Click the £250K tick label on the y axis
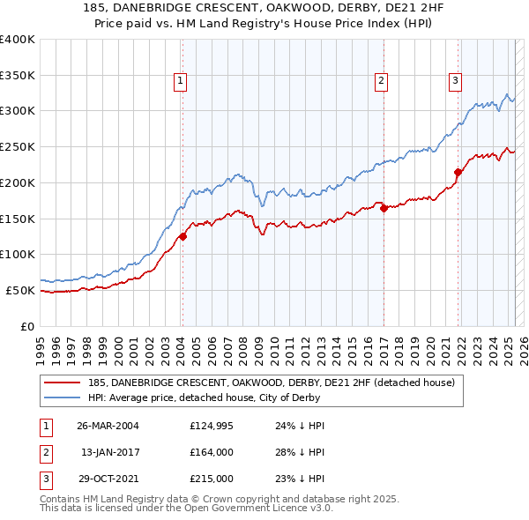(x=18, y=147)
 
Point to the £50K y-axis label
(x=20, y=290)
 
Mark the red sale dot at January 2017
(x=384, y=208)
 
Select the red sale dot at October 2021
(x=458, y=172)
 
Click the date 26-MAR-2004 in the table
(x=108, y=425)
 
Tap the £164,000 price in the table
(x=212, y=452)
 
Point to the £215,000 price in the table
(x=212, y=479)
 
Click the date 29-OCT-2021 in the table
(x=108, y=479)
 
